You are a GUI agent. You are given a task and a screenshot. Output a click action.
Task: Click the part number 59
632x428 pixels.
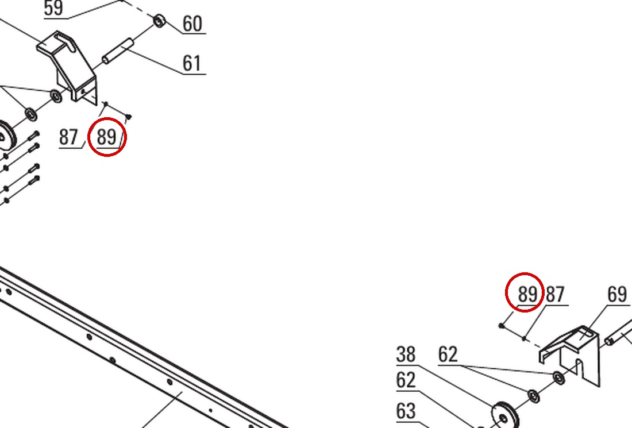click(x=53, y=8)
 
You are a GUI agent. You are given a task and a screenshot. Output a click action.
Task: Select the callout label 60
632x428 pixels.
click(x=192, y=24)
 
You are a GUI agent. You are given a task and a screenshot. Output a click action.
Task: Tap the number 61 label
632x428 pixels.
click(x=192, y=63)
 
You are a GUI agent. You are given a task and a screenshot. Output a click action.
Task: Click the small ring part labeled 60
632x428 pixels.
click(x=160, y=20)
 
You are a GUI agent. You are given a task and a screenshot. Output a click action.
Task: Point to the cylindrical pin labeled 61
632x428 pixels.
click(x=117, y=51)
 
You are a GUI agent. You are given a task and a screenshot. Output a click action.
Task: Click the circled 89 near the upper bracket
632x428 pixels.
click(x=107, y=137)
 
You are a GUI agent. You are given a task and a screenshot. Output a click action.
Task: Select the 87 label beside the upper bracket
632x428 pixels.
click(x=68, y=137)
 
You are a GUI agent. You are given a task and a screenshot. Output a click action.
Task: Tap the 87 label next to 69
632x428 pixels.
click(x=556, y=294)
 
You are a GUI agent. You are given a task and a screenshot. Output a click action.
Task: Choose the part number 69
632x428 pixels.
click(x=617, y=294)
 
